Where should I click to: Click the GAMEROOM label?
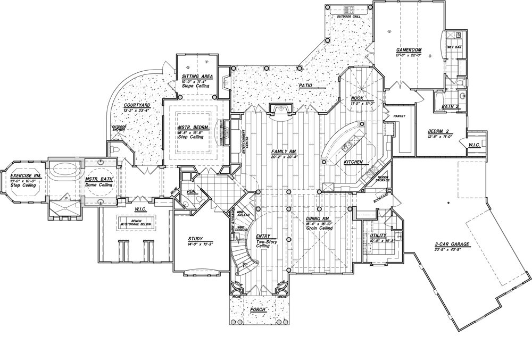pos(409,50)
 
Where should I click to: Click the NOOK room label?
pos(357,99)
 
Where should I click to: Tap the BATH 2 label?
pos(451,107)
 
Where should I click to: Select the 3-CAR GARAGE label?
pos(451,245)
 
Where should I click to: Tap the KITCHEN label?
pos(353,162)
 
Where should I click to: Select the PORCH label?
pos(257,308)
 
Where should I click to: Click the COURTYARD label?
pos(137,106)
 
